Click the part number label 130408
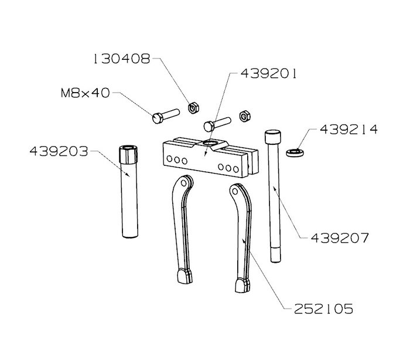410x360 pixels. click(x=122, y=59)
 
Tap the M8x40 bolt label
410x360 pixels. click(x=86, y=93)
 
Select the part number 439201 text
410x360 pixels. click(x=268, y=73)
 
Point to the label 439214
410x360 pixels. click(x=349, y=130)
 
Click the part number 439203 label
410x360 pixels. click(x=59, y=151)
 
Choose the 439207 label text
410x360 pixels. click(x=340, y=238)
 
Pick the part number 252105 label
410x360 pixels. click(x=323, y=309)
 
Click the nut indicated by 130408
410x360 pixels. click(x=193, y=108)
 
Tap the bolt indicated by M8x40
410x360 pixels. click(x=166, y=116)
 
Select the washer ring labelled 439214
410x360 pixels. click(x=295, y=152)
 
